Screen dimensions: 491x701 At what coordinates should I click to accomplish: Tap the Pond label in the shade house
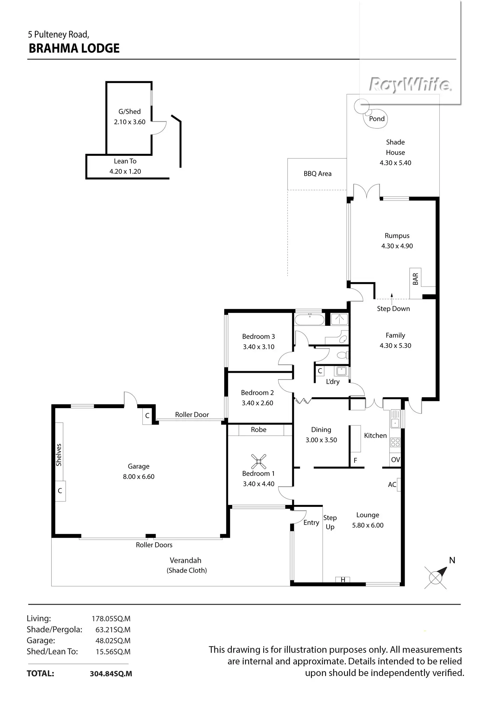(x=377, y=119)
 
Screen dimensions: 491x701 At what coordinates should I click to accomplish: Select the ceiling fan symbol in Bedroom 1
(x=259, y=461)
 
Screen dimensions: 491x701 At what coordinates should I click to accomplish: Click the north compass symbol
(x=436, y=577)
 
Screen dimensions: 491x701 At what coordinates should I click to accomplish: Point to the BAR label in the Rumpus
(x=415, y=279)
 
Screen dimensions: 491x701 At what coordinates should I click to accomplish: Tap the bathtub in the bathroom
(x=310, y=319)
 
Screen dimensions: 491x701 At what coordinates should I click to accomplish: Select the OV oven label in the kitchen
(x=395, y=460)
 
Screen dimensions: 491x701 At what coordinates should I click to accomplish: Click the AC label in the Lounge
(x=392, y=485)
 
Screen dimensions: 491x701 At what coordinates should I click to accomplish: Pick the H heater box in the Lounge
(x=343, y=580)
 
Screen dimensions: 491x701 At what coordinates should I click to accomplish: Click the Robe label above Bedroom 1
(x=259, y=430)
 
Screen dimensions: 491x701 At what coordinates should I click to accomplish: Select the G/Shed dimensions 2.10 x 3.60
(x=130, y=122)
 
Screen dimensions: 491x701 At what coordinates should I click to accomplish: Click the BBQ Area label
(x=318, y=173)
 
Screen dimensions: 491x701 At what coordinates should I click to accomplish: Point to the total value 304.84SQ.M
(x=111, y=673)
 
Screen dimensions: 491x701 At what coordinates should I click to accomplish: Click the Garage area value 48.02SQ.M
(x=113, y=641)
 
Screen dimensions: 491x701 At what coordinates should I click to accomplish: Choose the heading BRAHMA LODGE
(x=74, y=49)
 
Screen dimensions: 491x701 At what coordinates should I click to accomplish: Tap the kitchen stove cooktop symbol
(x=395, y=443)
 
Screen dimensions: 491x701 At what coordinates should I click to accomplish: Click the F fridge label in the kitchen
(x=355, y=460)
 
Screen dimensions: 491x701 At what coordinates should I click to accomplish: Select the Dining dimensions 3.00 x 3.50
(x=321, y=440)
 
